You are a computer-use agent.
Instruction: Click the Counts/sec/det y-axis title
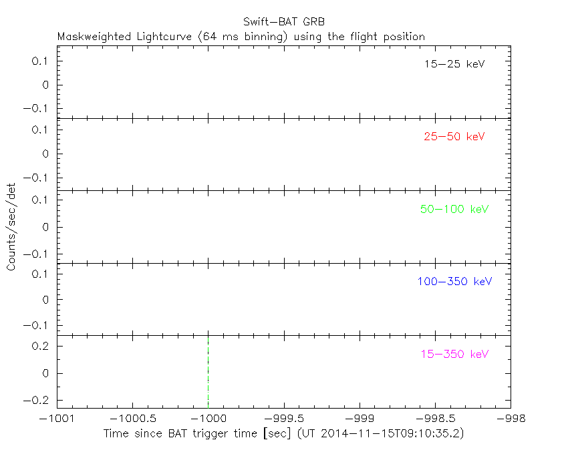click(x=11, y=227)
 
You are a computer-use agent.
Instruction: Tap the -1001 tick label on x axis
click(x=57, y=418)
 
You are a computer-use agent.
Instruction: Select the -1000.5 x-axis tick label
click(x=132, y=418)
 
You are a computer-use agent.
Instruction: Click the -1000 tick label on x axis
click(x=208, y=418)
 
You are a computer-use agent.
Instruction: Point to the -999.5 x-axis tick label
click(x=284, y=418)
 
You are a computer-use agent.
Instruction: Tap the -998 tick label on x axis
click(x=511, y=418)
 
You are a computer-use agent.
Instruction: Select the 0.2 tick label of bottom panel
click(x=41, y=347)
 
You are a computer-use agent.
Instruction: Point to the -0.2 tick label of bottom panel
click(x=39, y=400)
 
